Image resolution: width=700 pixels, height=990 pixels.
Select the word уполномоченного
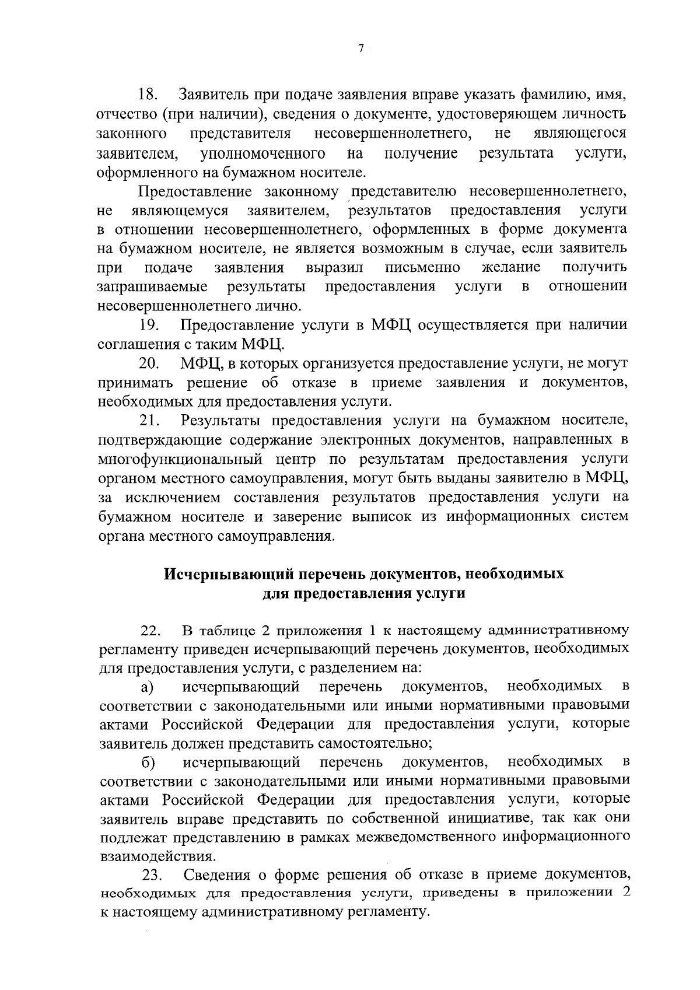coord(262,153)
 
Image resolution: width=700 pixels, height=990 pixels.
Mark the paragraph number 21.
coord(149,421)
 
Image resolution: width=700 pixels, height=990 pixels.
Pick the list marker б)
coord(148,762)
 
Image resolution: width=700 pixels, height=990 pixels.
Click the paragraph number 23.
coord(152,876)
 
